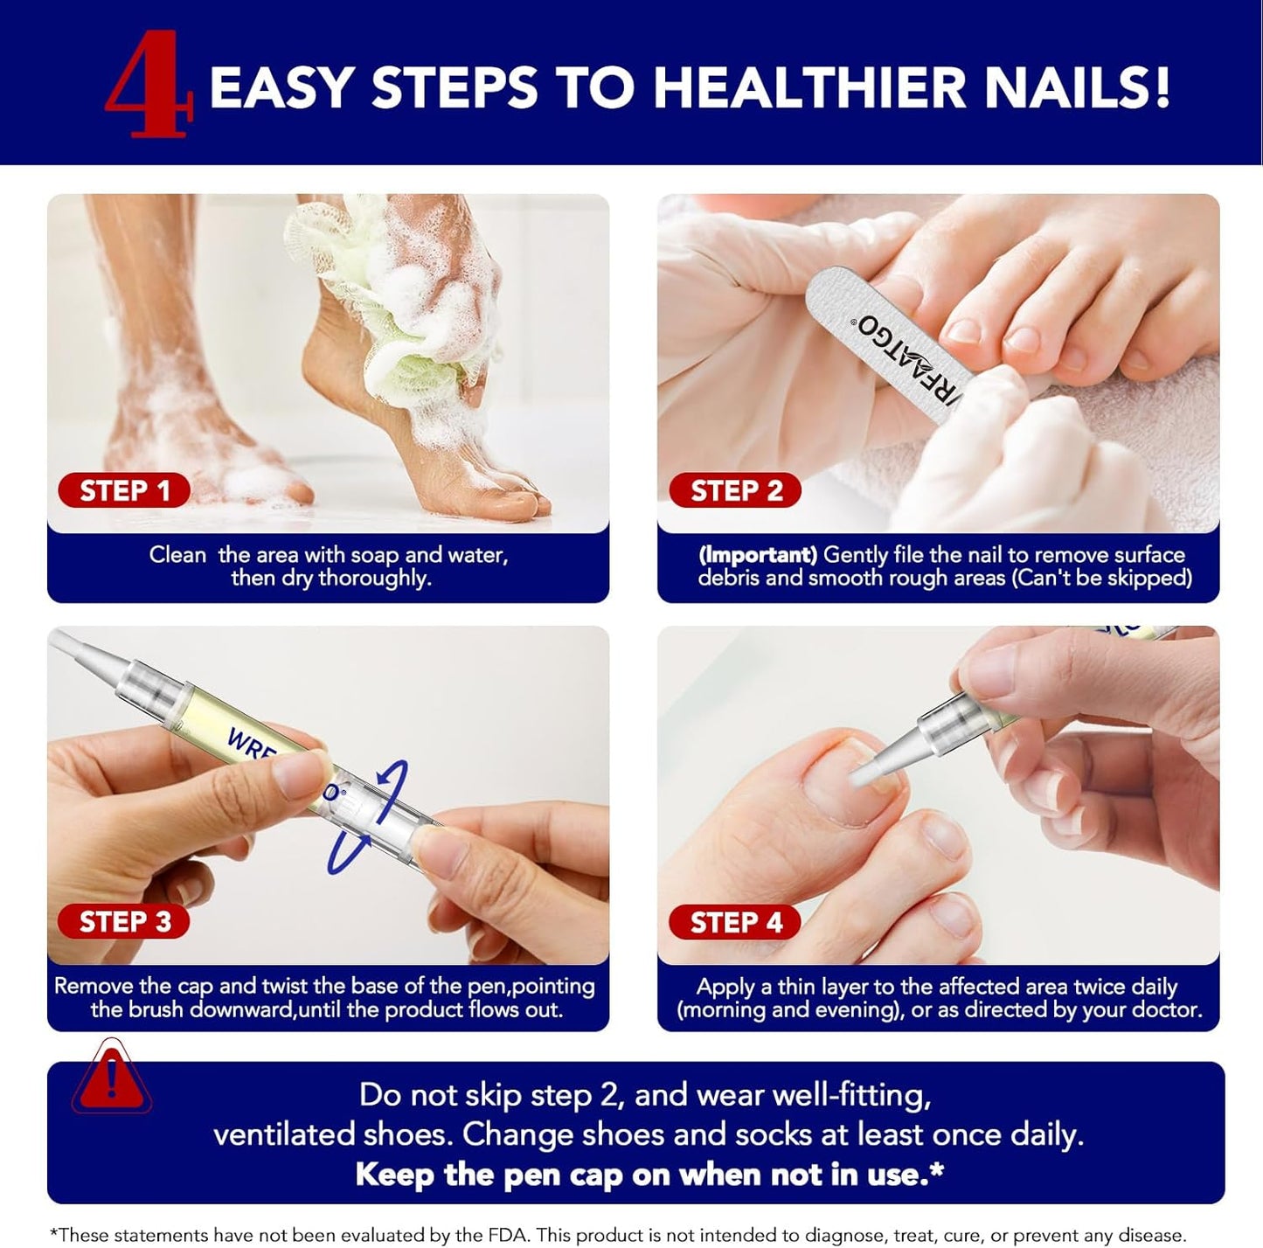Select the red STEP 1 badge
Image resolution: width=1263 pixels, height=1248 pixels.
(x=124, y=491)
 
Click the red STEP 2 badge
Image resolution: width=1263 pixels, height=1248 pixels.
(x=736, y=491)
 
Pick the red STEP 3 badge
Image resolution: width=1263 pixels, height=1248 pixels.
(x=124, y=922)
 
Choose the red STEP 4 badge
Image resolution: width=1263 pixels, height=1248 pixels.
(x=736, y=923)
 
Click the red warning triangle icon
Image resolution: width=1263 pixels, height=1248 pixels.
(x=111, y=1079)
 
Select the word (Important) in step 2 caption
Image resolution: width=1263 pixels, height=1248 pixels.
(x=758, y=555)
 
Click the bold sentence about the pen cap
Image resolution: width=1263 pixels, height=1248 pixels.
(x=649, y=1175)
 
